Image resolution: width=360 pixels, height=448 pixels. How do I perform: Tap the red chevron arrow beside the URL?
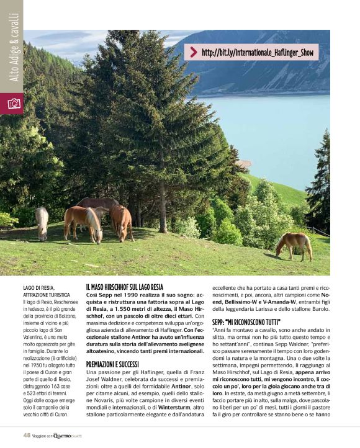(x=194, y=53)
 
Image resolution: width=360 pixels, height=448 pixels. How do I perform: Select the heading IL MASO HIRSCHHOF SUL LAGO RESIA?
(x=125, y=287)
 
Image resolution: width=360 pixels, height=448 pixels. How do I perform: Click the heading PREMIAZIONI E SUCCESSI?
(x=112, y=363)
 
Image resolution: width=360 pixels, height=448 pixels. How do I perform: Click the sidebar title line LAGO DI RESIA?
(x=38, y=287)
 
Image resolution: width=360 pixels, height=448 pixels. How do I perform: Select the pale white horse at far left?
(x=42, y=222)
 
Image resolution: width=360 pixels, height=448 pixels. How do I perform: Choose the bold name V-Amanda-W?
(x=269, y=302)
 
